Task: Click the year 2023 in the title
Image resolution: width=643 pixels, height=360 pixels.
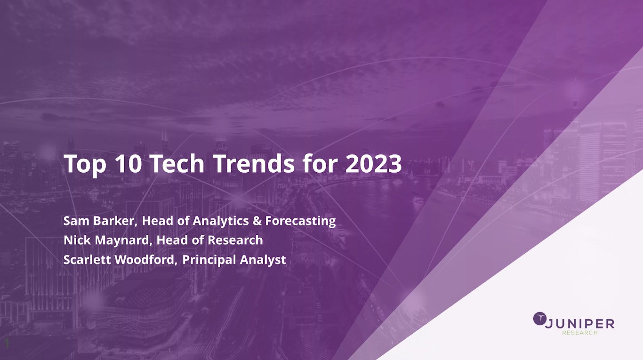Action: pyautogui.click(x=374, y=163)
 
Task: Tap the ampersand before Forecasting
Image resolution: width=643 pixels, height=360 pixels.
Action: pyautogui.click(x=257, y=221)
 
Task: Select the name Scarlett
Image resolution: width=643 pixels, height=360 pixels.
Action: pyautogui.click(x=87, y=259)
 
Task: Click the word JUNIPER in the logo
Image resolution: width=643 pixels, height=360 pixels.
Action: pyautogui.click(x=579, y=324)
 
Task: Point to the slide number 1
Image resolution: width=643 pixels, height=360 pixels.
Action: pyautogui.click(x=7, y=344)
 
